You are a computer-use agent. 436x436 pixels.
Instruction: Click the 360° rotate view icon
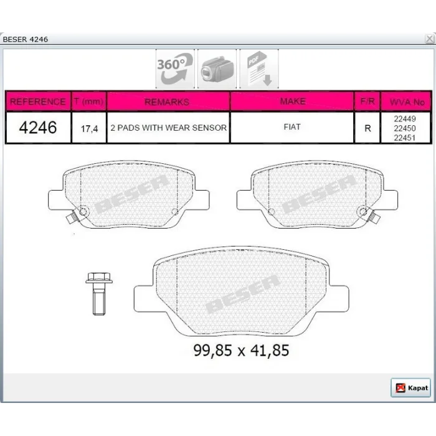click(x=175, y=69)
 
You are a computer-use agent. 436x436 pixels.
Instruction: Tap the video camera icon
click(x=217, y=69)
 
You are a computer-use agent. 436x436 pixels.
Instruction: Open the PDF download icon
click(x=259, y=69)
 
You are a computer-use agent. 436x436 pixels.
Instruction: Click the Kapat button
click(x=410, y=387)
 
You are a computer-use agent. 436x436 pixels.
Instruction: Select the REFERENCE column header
click(x=38, y=101)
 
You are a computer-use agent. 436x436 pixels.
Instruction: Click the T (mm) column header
click(x=89, y=101)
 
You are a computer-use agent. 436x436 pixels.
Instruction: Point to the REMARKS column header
click(x=168, y=102)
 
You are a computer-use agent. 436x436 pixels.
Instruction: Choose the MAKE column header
click(x=293, y=101)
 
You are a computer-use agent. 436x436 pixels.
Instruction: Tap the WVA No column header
click(x=407, y=102)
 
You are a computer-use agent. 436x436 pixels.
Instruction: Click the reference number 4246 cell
click(x=38, y=128)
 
